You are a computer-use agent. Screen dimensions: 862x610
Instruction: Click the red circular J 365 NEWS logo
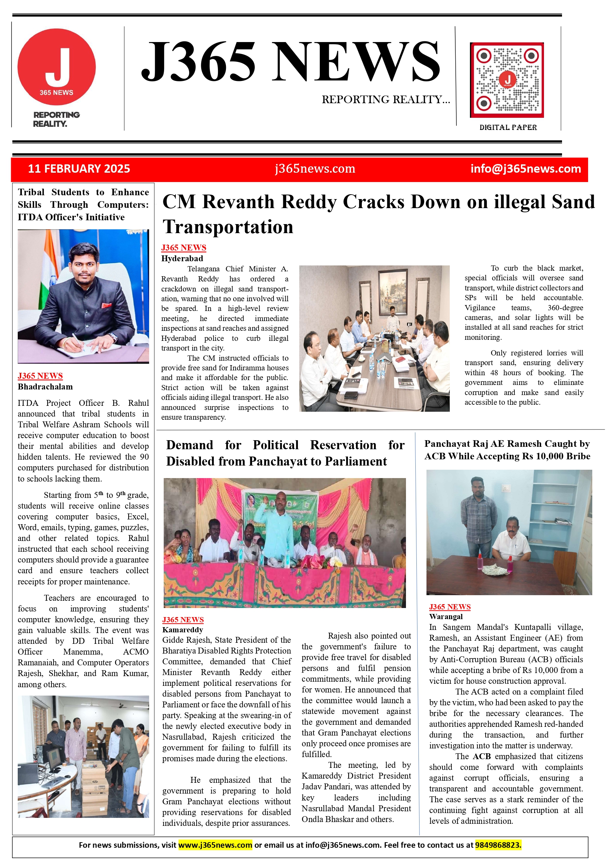pos(56,67)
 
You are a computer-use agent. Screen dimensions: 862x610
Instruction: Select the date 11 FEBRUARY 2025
pos(79,169)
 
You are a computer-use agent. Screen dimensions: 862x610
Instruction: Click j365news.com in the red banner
pos(315,169)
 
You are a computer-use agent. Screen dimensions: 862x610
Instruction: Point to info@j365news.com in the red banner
pos(526,169)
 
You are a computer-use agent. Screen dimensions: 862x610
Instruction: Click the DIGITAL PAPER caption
pos(508,127)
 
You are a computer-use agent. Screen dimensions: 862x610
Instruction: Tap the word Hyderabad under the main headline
pos(182,258)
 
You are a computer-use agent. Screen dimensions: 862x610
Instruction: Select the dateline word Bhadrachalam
pos(45,387)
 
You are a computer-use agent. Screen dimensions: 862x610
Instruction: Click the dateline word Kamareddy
pos(182,630)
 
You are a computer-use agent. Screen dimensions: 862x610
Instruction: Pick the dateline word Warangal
pos(446,616)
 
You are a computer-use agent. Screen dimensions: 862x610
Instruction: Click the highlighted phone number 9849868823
pos(498,845)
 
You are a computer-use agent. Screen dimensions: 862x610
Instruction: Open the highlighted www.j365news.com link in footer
pos(215,845)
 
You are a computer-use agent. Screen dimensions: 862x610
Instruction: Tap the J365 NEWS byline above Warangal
pos(450,607)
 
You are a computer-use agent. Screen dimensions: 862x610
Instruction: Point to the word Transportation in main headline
pos(228,227)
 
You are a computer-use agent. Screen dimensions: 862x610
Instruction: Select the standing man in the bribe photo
pos(479,514)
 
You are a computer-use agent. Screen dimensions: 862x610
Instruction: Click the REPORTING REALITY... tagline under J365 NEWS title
pos(386,99)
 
